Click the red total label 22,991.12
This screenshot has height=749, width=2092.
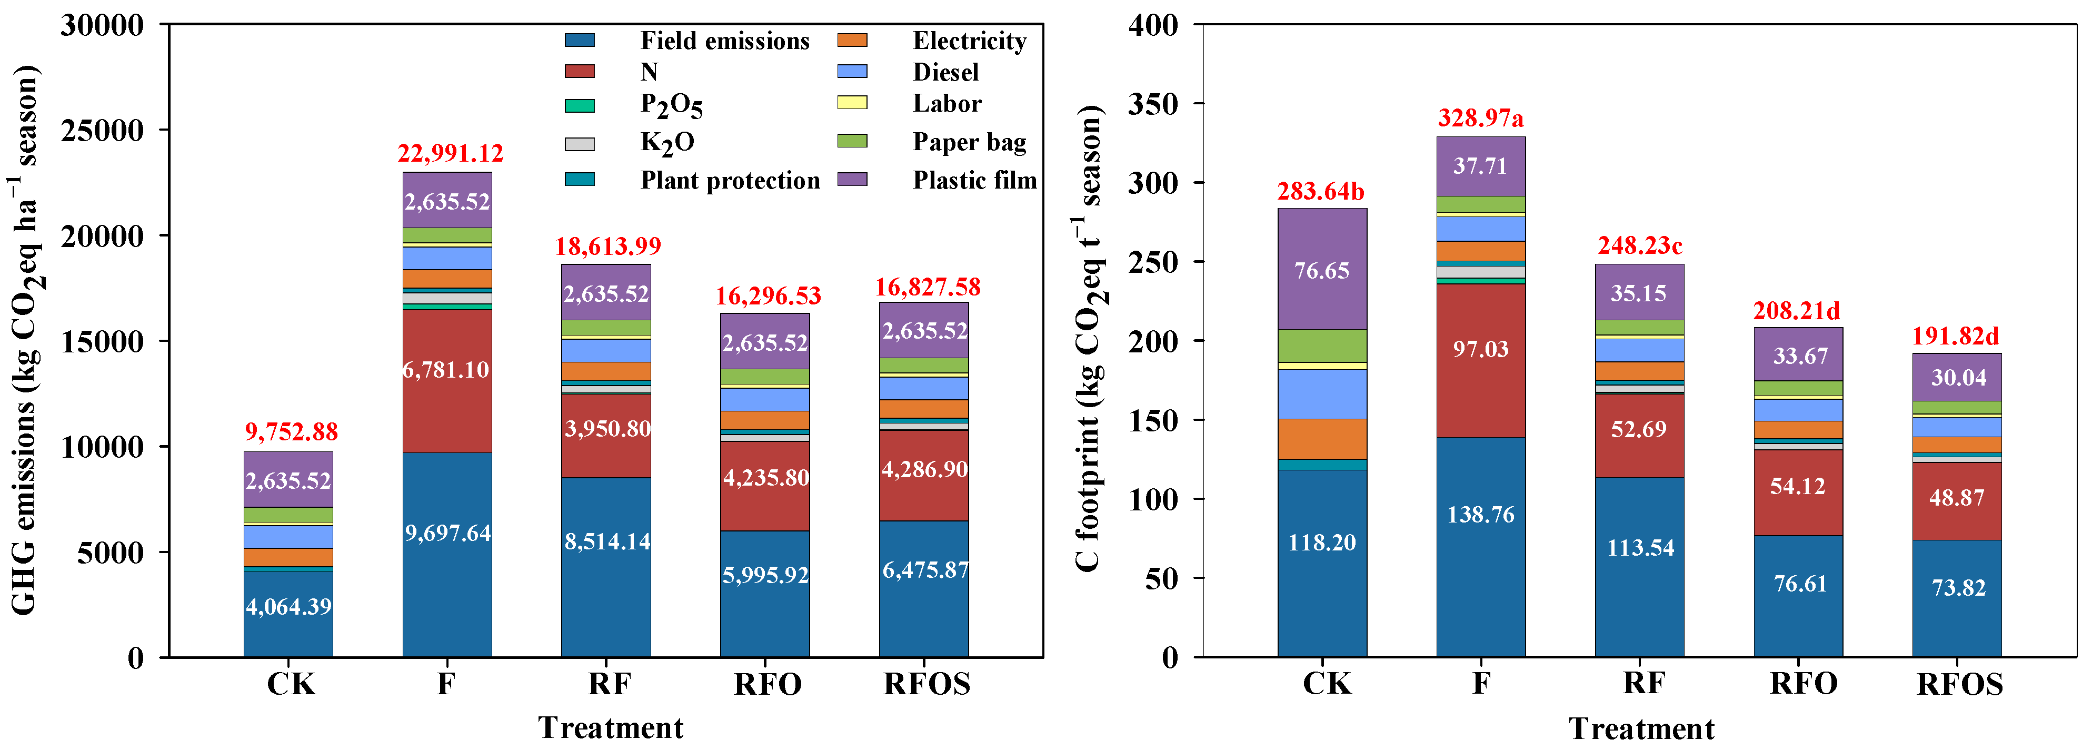point(450,153)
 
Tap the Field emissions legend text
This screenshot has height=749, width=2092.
point(724,41)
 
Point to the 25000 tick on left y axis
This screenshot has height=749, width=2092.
point(102,130)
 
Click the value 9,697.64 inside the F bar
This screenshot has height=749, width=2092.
point(447,533)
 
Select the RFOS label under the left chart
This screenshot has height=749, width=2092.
point(927,684)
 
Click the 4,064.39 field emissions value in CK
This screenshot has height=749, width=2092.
point(288,607)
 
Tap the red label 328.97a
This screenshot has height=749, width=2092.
point(1480,119)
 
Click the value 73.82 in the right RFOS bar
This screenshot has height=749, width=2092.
point(1958,587)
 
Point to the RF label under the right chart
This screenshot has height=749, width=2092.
point(1643,683)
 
